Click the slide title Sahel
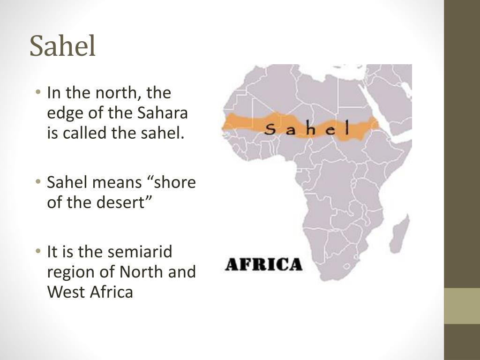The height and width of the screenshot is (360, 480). pos(63,47)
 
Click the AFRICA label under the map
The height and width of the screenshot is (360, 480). pos(263,264)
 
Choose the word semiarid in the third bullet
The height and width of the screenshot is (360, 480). pos(140,252)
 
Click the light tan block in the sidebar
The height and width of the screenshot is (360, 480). pos(462,306)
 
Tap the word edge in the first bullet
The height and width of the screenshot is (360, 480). pos(63,113)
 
